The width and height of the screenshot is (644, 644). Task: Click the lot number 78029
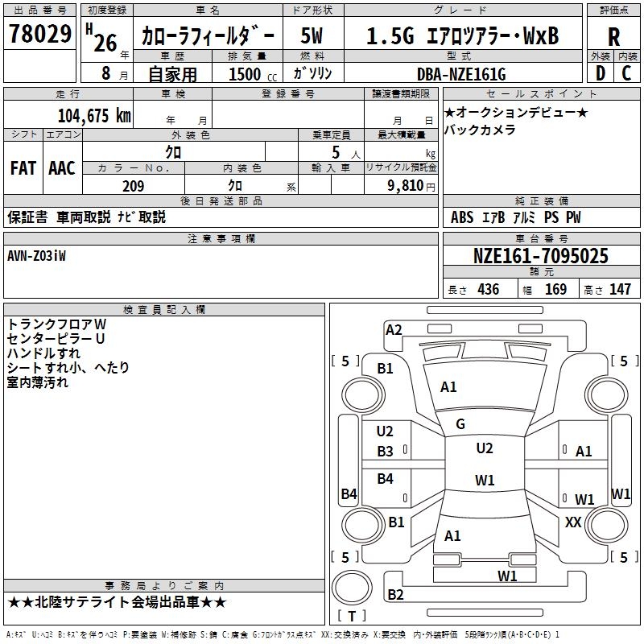(39, 35)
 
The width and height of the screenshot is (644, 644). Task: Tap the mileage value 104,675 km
(94, 116)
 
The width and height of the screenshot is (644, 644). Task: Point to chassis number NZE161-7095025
(540, 257)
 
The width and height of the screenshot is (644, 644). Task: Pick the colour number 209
(133, 186)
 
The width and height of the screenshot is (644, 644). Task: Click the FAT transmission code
(23, 168)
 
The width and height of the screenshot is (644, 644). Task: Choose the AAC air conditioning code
(62, 168)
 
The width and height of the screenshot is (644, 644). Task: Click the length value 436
(488, 290)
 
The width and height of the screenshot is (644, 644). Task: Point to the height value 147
(619, 290)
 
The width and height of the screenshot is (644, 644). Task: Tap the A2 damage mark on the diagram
(394, 329)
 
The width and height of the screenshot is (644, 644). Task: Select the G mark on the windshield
(460, 424)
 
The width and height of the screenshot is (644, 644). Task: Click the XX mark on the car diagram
(573, 522)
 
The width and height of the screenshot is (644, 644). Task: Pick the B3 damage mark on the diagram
(386, 452)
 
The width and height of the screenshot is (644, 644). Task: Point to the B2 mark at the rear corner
(395, 595)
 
